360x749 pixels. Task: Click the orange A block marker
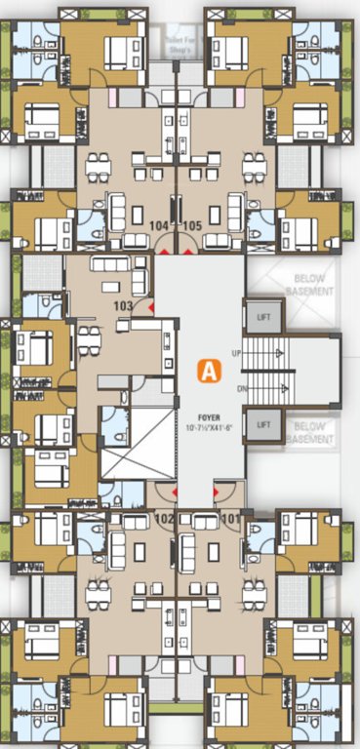tap(208, 371)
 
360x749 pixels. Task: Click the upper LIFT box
tap(264, 317)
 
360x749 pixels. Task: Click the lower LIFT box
tap(264, 425)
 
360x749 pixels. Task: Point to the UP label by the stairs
tap(237, 352)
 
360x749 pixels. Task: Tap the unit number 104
tap(159, 225)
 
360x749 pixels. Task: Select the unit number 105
tap(192, 225)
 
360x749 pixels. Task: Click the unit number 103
tap(123, 305)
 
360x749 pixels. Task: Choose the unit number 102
tap(163, 518)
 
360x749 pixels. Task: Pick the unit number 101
tap(230, 518)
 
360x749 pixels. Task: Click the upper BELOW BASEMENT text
tap(314, 285)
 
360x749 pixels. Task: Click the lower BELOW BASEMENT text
tap(314, 432)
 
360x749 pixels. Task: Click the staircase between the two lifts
tap(265, 371)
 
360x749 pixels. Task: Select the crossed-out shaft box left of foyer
tap(137, 444)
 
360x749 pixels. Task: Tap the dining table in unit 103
tap(89, 342)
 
